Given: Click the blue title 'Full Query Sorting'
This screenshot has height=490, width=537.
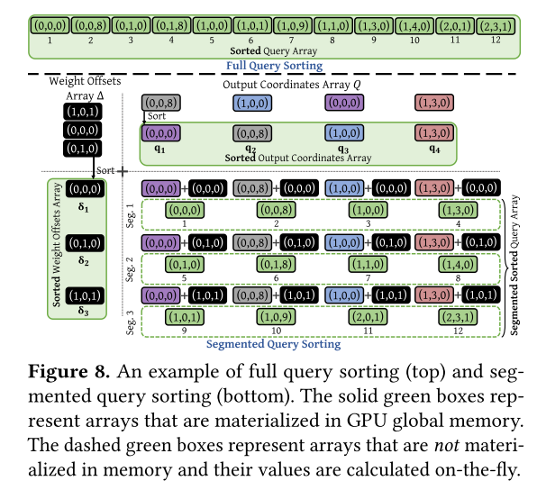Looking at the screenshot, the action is coord(274,66).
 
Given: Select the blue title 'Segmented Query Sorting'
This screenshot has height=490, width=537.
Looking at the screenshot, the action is coord(273,344).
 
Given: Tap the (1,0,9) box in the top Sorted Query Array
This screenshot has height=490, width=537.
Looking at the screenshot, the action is coord(293,26).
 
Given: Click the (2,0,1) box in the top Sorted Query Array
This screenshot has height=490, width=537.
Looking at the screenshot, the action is coord(455,26).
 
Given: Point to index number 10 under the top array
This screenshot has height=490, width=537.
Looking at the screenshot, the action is coord(414,41).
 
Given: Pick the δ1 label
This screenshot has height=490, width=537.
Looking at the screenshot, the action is coord(83,207).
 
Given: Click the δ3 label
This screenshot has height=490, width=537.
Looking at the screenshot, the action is coord(83,311).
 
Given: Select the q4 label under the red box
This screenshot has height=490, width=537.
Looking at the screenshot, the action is coord(434,149).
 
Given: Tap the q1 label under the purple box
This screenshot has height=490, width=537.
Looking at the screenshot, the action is coord(159,149).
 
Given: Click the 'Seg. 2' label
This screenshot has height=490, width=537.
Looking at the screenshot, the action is coord(130,269).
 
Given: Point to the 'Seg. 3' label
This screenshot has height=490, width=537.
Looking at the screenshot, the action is coord(130,322).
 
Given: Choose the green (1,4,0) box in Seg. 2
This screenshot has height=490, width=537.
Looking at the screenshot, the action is coord(459,264).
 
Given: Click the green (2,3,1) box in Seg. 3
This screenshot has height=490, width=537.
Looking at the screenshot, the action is coord(459,317).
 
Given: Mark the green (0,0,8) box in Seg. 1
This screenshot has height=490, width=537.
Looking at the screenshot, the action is coord(276,210).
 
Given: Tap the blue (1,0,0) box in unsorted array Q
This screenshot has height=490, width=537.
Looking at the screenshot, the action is coord(252,103).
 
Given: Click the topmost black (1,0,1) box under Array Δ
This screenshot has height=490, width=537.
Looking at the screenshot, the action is coord(83,112).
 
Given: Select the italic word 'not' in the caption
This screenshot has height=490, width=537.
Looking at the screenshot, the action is coord(447,445).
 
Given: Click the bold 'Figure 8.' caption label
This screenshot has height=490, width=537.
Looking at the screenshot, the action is coord(68,371).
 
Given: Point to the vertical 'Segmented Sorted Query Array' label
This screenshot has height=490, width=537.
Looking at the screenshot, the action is coord(514,265).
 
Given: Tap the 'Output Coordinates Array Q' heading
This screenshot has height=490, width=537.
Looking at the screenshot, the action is coord(292,85).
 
